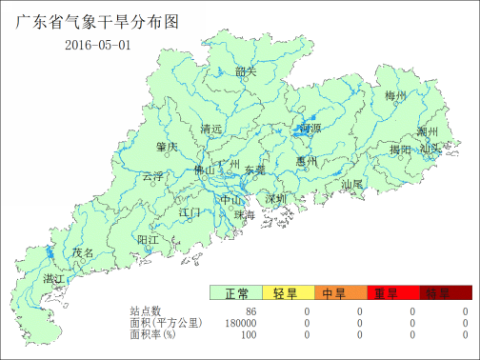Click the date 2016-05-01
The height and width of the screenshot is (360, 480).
pos(97,46)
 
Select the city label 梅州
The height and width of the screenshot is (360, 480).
pos(395,96)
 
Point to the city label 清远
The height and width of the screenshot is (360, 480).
pos(211,129)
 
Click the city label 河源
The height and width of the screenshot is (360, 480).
pos(310,128)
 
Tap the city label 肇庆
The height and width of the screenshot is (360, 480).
pos(167,147)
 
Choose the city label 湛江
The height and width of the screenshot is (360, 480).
pos(54,278)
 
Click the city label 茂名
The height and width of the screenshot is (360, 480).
pos(84,253)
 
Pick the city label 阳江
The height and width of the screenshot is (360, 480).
pos(148,239)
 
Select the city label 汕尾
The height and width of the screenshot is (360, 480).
pos(352,183)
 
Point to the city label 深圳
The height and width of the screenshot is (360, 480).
pos(276,199)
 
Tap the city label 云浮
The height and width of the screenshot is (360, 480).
pos(152,176)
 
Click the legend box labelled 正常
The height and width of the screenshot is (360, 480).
pos(236,293)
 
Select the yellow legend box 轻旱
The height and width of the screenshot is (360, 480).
pos(289,293)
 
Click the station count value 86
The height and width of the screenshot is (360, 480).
pos(251,311)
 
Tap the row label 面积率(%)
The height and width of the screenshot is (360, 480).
pos(153,334)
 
